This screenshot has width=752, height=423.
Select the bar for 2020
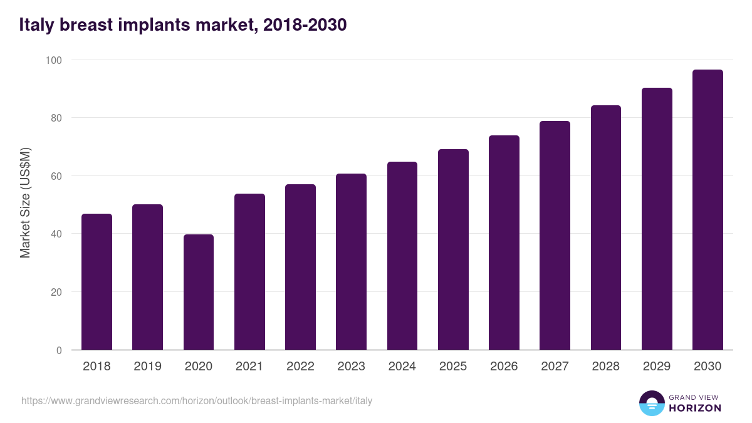pyautogui.click(x=199, y=292)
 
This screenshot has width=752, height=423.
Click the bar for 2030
pyautogui.click(x=708, y=210)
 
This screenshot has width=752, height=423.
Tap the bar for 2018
pyautogui.click(x=97, y=282)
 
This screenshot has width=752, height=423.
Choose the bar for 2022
pyautogui.click(x=300, y=267)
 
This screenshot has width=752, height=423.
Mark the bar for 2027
pyautogui.click(x=555, y=236)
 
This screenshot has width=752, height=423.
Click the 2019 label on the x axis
pyautogui.click(x=147, y=367)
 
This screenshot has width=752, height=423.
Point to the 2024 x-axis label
pyautogui.click(x=402, y=367)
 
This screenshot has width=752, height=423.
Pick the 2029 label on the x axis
pyautogui.click(x=656, y=367)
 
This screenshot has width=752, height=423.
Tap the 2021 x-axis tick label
pyautogui.click(x=249, y=367)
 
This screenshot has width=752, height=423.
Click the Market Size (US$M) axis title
pyautogui.click(x=25, y=202)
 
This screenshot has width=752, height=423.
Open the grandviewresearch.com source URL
pyautogui.click(x=197, y=400)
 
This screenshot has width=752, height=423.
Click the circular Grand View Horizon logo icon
pyautogui.click(x=651, y=403)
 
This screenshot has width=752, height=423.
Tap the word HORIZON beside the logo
pyautogui.click(x=695, y=408)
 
